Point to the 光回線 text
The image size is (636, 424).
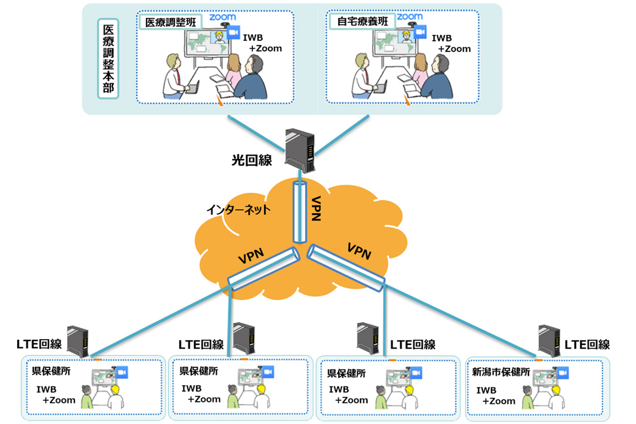coord(251,160)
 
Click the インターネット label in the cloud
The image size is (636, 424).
coord(238,210)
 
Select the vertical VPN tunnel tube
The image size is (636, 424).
coord(299,212)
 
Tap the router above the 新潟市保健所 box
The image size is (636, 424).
coord(548,342)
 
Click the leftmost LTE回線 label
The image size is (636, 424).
coord(39,344)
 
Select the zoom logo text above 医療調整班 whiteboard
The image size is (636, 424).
coord(222,17)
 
